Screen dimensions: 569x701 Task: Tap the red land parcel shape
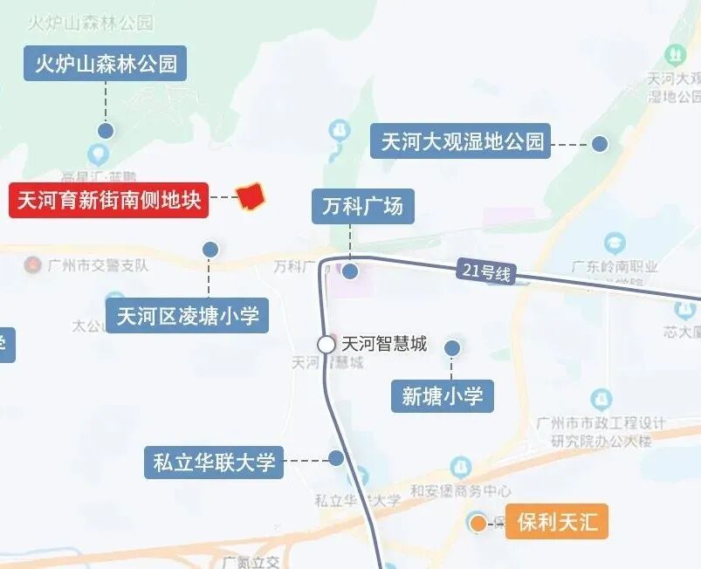[251, 195]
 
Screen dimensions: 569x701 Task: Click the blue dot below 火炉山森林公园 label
[106, 131]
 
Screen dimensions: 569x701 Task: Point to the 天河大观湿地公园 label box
[462, 141]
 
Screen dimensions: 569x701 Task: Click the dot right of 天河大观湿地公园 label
[600, 144]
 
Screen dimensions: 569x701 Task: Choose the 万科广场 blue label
[362, 207]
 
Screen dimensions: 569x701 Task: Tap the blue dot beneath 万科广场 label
[350, 271]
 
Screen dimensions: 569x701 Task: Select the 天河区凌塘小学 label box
[188, 315]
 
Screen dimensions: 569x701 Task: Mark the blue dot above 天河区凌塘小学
[210, 250]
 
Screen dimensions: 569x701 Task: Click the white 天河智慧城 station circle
[326, 345]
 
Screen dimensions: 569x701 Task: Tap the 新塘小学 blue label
[442, 396]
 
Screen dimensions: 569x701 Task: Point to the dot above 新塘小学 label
[452, 348]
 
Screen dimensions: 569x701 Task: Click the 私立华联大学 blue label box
[214, 462]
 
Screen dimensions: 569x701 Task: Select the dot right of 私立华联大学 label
[336, 458]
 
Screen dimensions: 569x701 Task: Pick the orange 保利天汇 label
[557, 523]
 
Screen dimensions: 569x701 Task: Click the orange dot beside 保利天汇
[478, 524]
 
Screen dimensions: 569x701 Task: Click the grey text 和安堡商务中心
[461, 491]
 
